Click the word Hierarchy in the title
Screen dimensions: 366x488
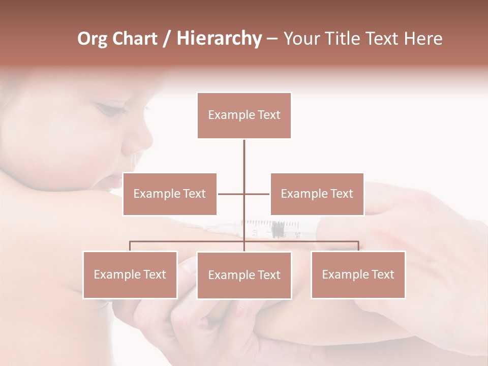(219, 39)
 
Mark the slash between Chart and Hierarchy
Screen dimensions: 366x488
(167, 39)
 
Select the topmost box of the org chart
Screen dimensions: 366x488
(244, 115)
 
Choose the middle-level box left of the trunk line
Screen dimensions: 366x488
(169, 194)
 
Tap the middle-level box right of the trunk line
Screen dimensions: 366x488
(317, 194)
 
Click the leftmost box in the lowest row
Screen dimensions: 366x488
(130, 274)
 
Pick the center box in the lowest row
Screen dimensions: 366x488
(244, 275)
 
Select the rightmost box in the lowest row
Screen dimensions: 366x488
(358, 274)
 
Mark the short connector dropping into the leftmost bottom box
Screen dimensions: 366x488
(130, 246)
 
